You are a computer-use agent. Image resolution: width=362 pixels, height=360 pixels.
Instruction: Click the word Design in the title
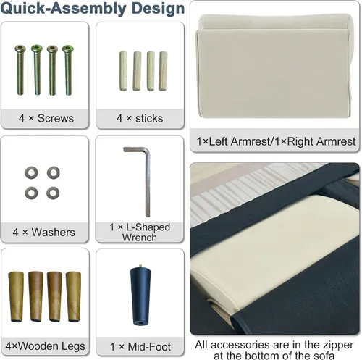[x=158, y=9]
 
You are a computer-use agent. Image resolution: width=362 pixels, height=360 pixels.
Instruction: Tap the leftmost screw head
[x=20, y=49]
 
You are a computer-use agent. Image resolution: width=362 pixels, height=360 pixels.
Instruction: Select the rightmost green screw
[x=68, y=70]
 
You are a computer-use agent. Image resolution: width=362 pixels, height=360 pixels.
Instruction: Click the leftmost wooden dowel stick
[x=123, y=71]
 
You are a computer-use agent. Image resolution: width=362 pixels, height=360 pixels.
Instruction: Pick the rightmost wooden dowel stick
[x=163, y=71]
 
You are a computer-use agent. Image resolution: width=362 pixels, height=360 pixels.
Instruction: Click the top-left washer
[x=31, y=172]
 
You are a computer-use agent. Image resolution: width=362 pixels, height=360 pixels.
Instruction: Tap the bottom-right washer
[x=53, y=193]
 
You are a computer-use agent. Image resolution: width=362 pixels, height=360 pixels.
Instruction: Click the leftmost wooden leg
[x=16, y=297]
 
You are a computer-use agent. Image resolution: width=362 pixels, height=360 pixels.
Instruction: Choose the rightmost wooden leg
[x=73, y=297]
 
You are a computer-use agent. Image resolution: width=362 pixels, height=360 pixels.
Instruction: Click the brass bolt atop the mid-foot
[x=140, y=267]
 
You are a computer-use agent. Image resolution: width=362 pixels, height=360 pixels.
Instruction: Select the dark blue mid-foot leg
[x=140, y=296]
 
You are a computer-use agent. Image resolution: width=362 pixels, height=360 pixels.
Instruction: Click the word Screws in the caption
[x=56, y=118]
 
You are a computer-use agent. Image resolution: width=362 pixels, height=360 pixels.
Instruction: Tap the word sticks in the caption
[x=149, y=118]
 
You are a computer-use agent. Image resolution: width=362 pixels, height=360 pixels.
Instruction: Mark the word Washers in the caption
[x=54, y=233]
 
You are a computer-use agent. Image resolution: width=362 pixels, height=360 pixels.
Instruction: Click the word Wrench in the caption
[x=140, y=238]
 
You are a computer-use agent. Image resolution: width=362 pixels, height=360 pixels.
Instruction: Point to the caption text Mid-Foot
[x=149, y=347]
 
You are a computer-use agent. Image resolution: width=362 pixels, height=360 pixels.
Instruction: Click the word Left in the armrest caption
[x=219, y=141]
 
